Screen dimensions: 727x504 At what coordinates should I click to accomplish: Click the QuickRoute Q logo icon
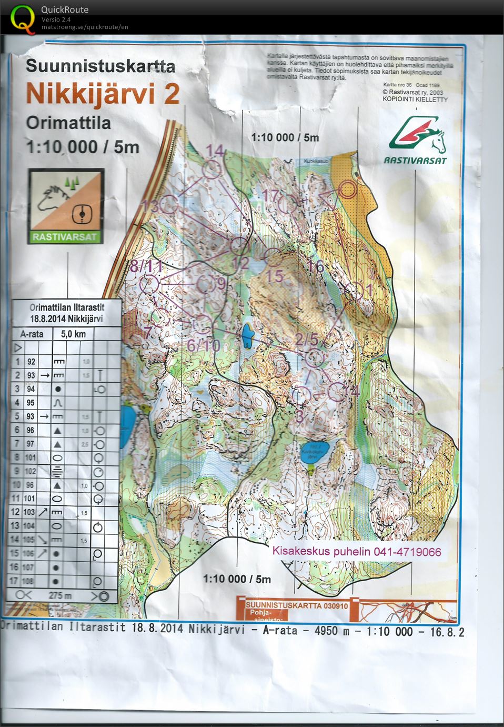21,19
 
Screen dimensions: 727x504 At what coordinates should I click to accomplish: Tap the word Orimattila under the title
68,123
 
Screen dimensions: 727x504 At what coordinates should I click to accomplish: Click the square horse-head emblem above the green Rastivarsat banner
66,201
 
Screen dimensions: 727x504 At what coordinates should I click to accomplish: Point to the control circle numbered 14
211,170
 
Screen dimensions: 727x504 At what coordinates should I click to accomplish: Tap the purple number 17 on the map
270,196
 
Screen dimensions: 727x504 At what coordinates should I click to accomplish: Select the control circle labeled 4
337,391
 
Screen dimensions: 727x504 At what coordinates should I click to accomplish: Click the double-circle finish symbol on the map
348,189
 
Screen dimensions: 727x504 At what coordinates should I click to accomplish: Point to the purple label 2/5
306,340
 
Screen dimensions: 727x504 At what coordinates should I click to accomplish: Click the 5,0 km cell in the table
73,334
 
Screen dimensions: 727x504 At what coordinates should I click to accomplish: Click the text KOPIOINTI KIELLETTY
415,99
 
